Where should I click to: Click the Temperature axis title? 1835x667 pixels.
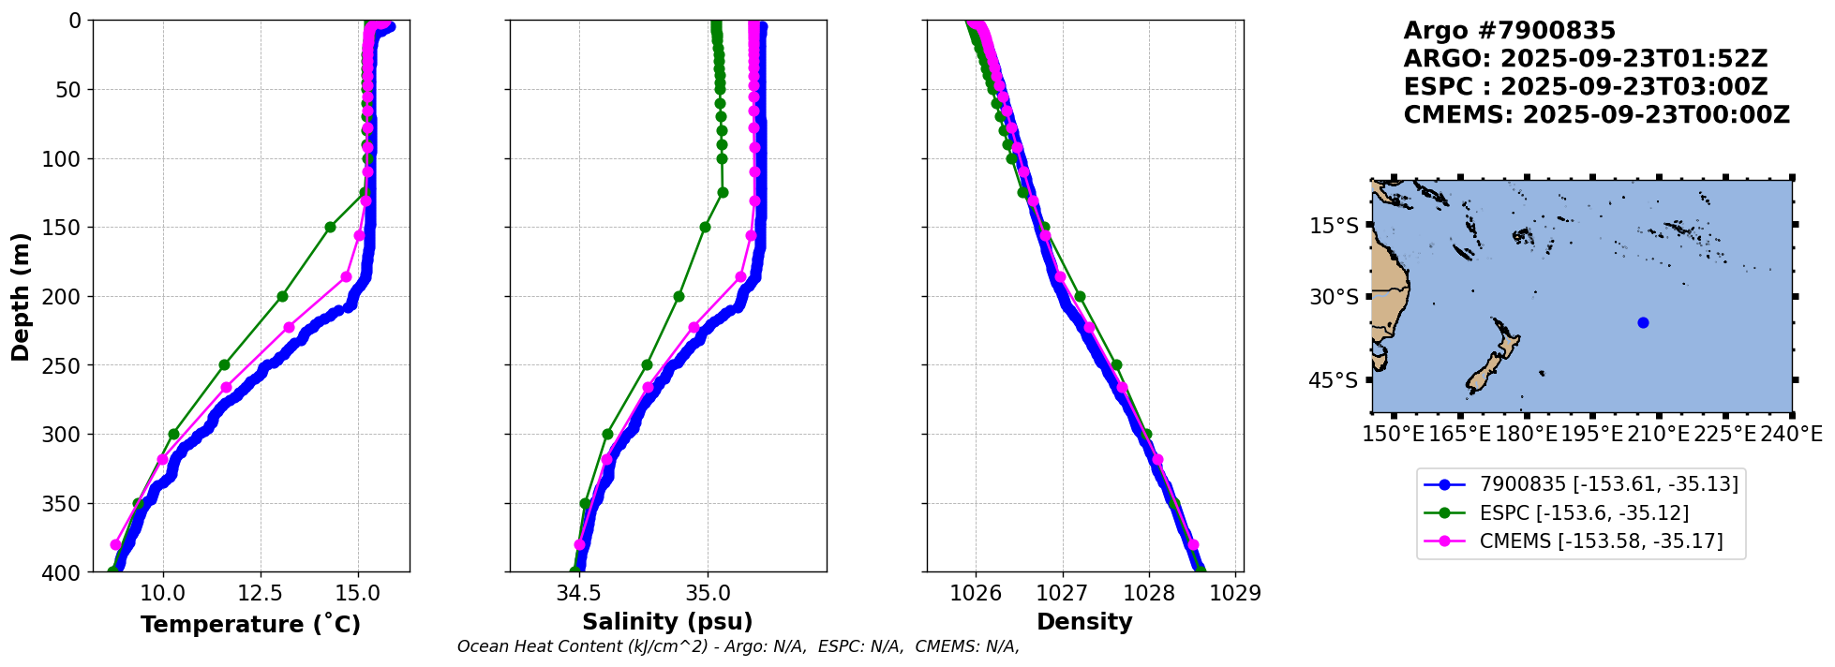click(250, 624)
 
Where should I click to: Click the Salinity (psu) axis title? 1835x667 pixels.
click(667, 622)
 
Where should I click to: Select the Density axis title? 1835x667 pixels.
click(1084, 622)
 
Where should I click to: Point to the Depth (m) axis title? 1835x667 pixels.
click(21, 296)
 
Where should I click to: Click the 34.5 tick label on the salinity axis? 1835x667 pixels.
click(579, 593)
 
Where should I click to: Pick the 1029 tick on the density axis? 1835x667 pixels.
click(1236, 593)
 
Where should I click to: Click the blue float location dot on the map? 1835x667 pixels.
click(1643, 322)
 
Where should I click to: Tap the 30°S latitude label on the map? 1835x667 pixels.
click(1334, 298)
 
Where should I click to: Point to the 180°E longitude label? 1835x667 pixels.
click(1527, 434)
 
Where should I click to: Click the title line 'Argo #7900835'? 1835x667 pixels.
click(1497, 31)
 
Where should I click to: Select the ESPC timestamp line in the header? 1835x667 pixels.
click(1586, 87)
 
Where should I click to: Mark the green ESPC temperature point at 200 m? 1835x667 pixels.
click(282, 296)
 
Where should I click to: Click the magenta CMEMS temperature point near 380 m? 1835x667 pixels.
click(115, 544)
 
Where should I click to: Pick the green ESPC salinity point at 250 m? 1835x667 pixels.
click(647, 364)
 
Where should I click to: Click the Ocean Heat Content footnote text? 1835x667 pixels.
click(738, 646)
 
